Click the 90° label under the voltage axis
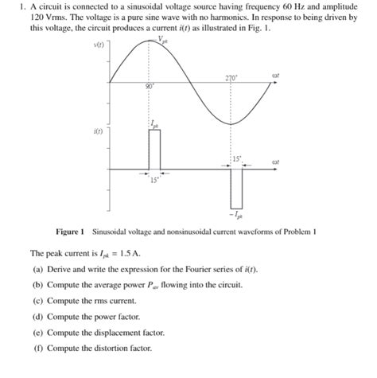point(149,88)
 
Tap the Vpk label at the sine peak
point(162,39)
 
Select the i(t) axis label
point(99,131)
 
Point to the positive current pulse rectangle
point(154,149)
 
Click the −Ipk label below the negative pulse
point(236,215)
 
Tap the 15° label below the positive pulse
point(154,180)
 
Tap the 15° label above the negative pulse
point(237,159)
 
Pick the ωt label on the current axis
point(276,162)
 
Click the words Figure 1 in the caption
point(69,232)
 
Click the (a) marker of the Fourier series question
point(37,269)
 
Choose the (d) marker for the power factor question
point(37,317)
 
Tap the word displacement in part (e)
point(106,333)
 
